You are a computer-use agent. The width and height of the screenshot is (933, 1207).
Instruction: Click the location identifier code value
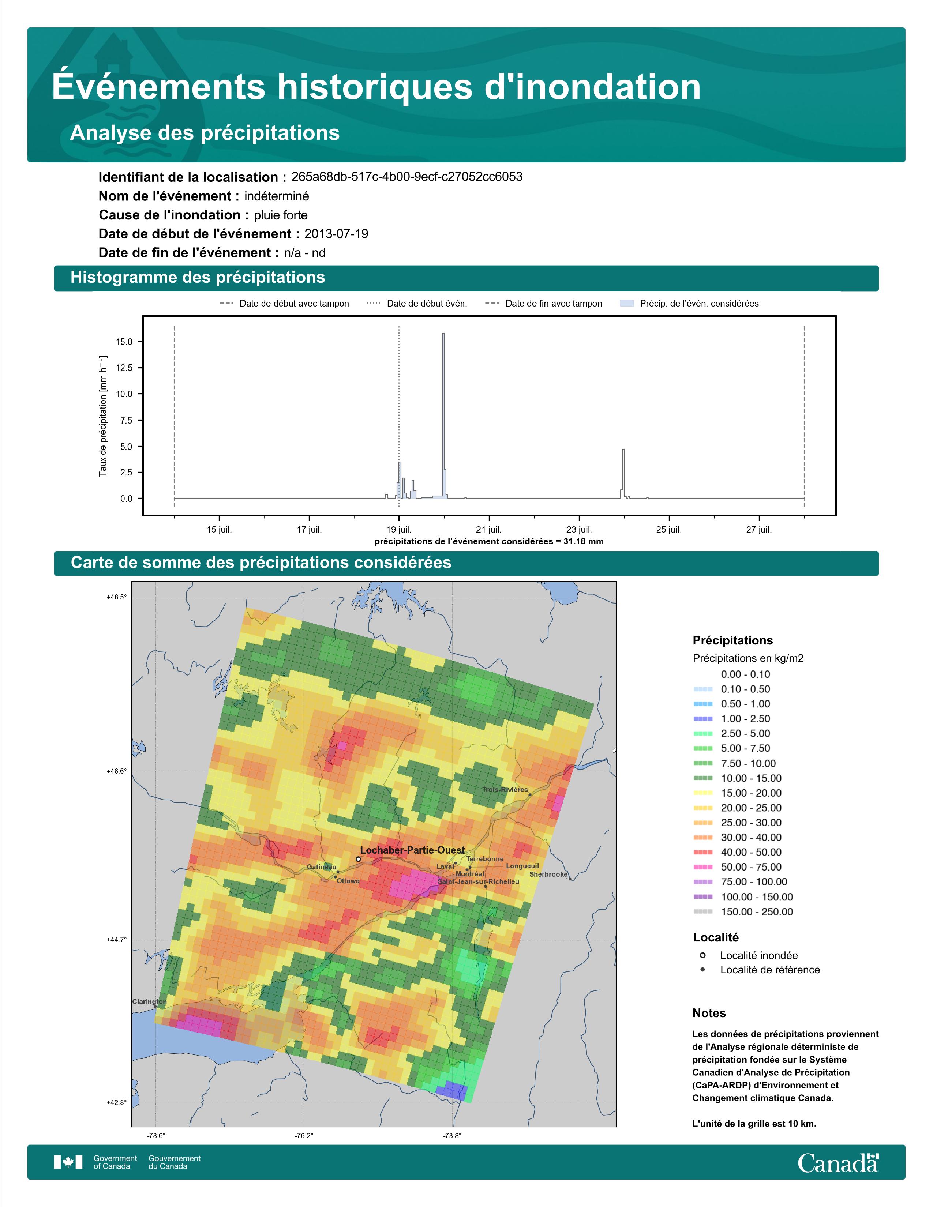[x=407, y=177]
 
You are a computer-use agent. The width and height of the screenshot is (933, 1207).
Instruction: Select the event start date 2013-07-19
[x=336, y=234]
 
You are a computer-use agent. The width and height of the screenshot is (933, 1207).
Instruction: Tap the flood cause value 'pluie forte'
[x=281, y=215]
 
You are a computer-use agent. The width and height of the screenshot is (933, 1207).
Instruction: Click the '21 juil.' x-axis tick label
[x=488, y=530]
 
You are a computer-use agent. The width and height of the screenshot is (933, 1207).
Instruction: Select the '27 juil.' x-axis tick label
[x=759, y=530]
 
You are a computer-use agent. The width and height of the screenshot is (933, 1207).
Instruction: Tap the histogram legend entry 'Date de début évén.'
[x=427, y=304]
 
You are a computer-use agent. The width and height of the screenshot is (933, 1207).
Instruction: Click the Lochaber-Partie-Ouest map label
[x=412, y=850]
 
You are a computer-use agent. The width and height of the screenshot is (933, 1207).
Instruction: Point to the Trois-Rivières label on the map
[x=505, y=790]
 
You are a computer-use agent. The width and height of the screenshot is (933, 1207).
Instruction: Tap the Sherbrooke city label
[x=548, y=874]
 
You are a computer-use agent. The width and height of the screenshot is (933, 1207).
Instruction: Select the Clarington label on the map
[x=149, y=1001]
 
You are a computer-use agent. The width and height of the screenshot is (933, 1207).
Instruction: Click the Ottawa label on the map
[x=348, y=881]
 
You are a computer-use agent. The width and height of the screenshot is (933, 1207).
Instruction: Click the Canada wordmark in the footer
[x=838, y=1162]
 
